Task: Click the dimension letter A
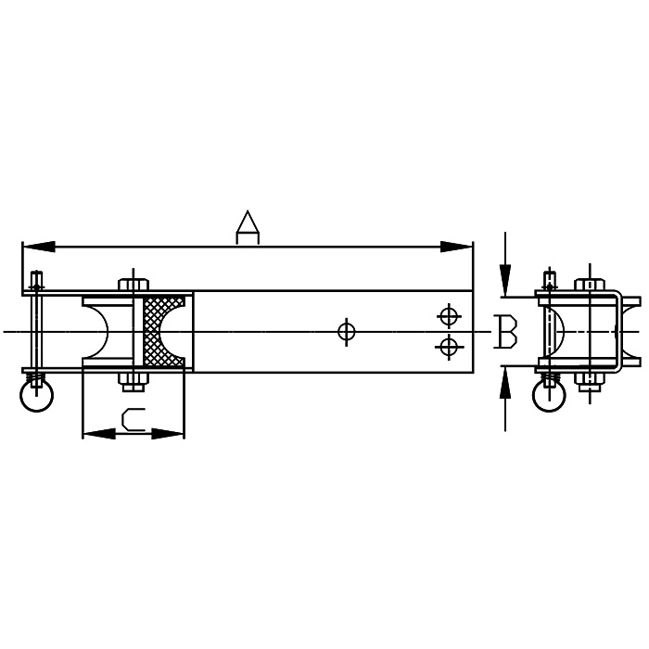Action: click(x=248, y=227)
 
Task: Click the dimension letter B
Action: click(x=506, y=331)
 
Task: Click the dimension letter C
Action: click(x=134, y=419)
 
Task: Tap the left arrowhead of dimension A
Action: click(x=39, y=247)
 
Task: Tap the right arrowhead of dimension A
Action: click(x=456, y=247)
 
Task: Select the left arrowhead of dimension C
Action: click(x=99, y=434)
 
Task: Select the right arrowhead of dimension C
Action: click(x=168, y=434)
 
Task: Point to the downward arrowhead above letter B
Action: click(x=505, y=280)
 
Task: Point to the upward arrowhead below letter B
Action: click(x=505, y=383)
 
